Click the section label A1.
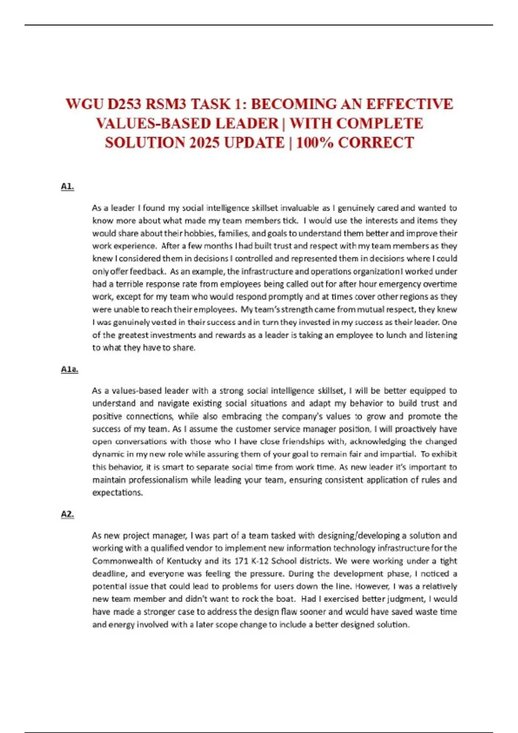click(67, 186)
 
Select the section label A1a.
click(69, 369)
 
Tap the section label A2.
click(67, 514)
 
